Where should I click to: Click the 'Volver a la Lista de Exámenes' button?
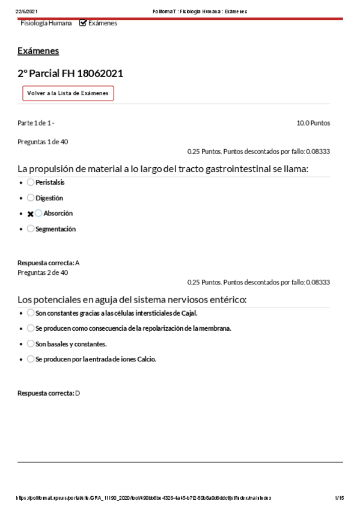tap(68, 93)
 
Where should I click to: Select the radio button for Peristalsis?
tap(31, 182)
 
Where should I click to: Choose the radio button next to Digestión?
tap(31, 198)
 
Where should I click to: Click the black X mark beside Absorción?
tap(30, 214)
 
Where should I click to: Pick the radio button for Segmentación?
tap(31, 229)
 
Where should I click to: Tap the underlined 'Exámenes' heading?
tap(38, 51)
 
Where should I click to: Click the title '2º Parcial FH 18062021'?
tap(70, 73)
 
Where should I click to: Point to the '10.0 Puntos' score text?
tap(313, 123)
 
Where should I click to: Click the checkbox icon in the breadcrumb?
tap(83, 23)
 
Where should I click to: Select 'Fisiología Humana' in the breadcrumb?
tap(46, 23)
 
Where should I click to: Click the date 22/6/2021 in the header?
tap(26, 11)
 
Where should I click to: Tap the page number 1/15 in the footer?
tap(339, 498)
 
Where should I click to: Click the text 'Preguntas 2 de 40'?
tap(43, 272)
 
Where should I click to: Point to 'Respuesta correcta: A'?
tap(49, 263)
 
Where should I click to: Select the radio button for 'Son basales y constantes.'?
tap(31, 344)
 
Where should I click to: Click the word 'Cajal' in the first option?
tap(189, 313)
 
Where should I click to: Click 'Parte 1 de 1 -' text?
tap(36, 123)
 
